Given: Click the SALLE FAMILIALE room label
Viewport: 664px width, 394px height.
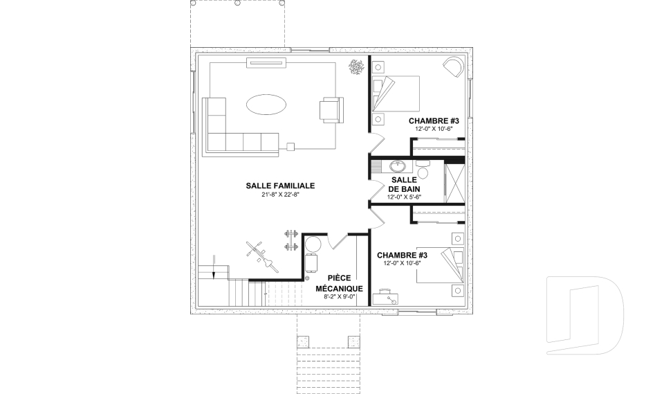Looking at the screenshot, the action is click(x=280, y=186).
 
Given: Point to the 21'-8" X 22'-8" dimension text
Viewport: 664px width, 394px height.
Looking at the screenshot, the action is click(x=280, y=195).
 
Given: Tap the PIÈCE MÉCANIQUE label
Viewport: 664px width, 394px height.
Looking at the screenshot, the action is click(x=339, y=283).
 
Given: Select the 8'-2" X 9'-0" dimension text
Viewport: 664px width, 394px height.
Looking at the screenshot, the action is click(x=339, y=297).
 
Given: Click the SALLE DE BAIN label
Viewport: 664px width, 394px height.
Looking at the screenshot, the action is click(x=404, y=184).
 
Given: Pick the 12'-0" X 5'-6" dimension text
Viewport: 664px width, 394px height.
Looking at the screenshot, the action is click(x=404, y=197).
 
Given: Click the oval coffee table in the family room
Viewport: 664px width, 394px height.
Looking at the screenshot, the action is click(x=266, y=105).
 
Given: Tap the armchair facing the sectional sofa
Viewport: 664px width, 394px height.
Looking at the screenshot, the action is click(x=331, y=110).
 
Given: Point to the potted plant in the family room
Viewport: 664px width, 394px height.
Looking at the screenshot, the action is click(x=357, y=67).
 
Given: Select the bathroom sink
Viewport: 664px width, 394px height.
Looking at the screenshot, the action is click(x=398, y=165).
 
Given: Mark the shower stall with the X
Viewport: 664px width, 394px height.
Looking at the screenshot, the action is click(x=455, y=183).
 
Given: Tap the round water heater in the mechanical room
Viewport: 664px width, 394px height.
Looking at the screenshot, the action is click(x=313, y=244).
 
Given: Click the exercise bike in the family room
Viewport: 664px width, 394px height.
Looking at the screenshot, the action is click(x=263, y=257).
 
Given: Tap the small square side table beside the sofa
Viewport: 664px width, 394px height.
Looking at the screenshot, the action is click(x=290, y=147).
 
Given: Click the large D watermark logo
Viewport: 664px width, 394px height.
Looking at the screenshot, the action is click(x=584, y=315).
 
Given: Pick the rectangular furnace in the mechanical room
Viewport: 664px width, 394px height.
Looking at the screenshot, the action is click(x=312, y=263).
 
